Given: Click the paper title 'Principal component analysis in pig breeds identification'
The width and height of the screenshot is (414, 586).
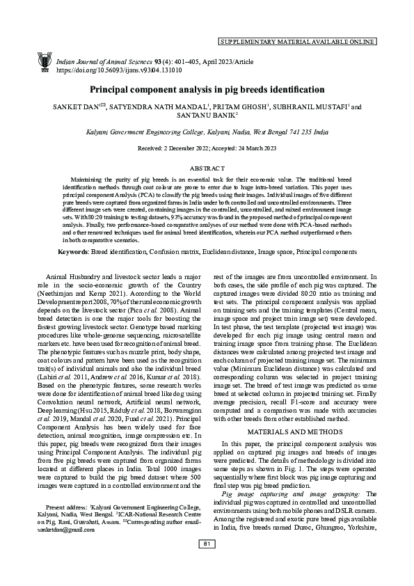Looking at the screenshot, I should point(207,90).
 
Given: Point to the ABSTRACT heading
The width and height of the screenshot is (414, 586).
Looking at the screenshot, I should point(207,168).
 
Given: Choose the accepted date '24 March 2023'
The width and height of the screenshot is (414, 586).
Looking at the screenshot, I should point(252,149).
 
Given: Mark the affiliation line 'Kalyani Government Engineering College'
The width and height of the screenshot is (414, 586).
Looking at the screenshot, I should point(146,130).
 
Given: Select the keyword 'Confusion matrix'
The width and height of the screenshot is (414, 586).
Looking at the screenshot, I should point(180,250).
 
